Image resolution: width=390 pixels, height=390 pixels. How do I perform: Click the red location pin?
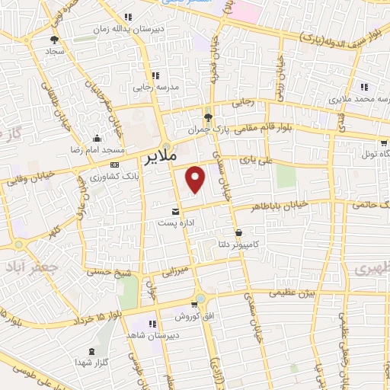pyautogui.click(x=197, y=178)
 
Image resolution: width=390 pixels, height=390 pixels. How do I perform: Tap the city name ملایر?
pyautogui.click(x=160, y=158)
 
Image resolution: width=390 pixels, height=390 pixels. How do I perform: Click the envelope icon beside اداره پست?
pyautogui.click(x=177, y=210)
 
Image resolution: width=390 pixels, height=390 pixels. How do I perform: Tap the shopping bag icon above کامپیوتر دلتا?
pyautogui.click(x=239, y=232)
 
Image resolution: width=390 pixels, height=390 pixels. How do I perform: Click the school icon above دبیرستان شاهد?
pyautogui.click(x=153, y=323)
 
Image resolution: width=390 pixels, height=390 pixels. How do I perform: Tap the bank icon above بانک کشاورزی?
pyautogui.click(x=114, y=165)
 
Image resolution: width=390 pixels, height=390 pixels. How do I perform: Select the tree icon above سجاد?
pyautogui.click(x=54, y=40)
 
